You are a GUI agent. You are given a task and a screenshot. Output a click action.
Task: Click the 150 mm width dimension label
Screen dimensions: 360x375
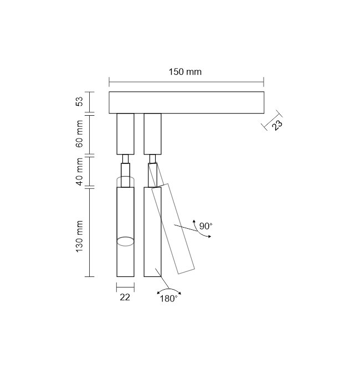pos(185,72)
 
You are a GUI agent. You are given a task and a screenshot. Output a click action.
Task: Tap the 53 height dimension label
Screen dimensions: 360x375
pos(79,101)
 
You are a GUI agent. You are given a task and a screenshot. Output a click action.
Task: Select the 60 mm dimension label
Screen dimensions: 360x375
pos(79,134)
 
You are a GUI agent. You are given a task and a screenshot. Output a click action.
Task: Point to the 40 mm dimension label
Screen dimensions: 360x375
pos(79,172)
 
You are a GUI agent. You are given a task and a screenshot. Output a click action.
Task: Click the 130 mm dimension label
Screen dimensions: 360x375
pos(79,237)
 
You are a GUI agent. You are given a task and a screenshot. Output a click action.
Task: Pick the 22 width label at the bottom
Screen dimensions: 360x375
pos(125,297)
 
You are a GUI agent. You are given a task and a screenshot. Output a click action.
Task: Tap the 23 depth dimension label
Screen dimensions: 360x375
pos(277,125)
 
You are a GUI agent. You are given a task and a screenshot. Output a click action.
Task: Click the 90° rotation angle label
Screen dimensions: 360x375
pos(205,226)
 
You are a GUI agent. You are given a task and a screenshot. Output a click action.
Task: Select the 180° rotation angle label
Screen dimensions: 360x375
pos(168,299)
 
